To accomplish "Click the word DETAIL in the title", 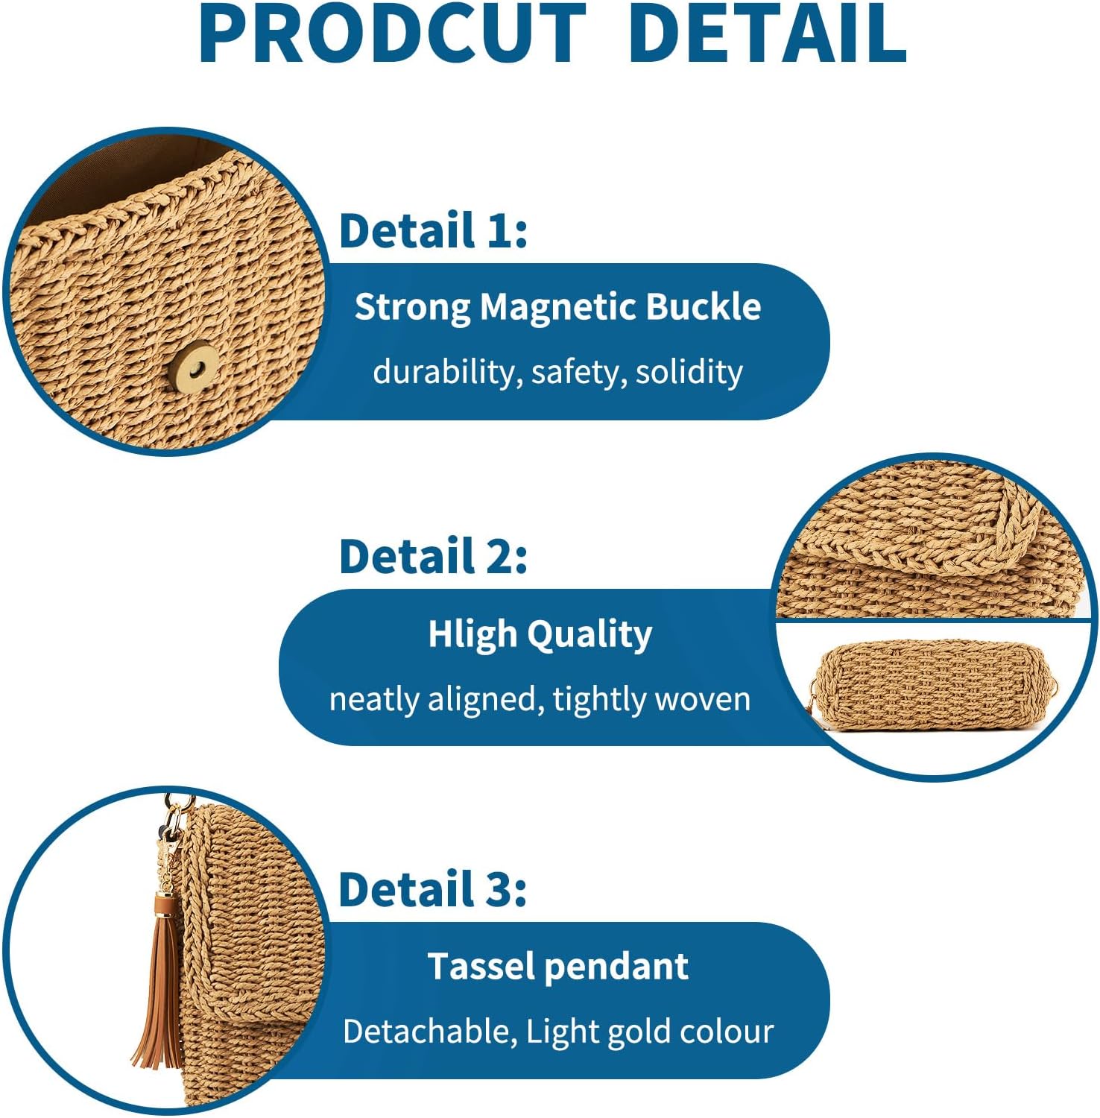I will click(768, 34).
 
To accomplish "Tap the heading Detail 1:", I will click(433, 230).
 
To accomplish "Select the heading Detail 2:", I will click(433, 556).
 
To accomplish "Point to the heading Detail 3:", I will click(433, 889).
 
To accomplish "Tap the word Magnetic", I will click(559, 306).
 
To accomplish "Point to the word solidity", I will click(689, 371).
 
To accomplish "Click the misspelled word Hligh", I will click(472, 635).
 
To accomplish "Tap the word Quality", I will click(589, 635).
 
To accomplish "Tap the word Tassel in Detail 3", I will click(481, 967).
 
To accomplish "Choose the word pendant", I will click(616, 967).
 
